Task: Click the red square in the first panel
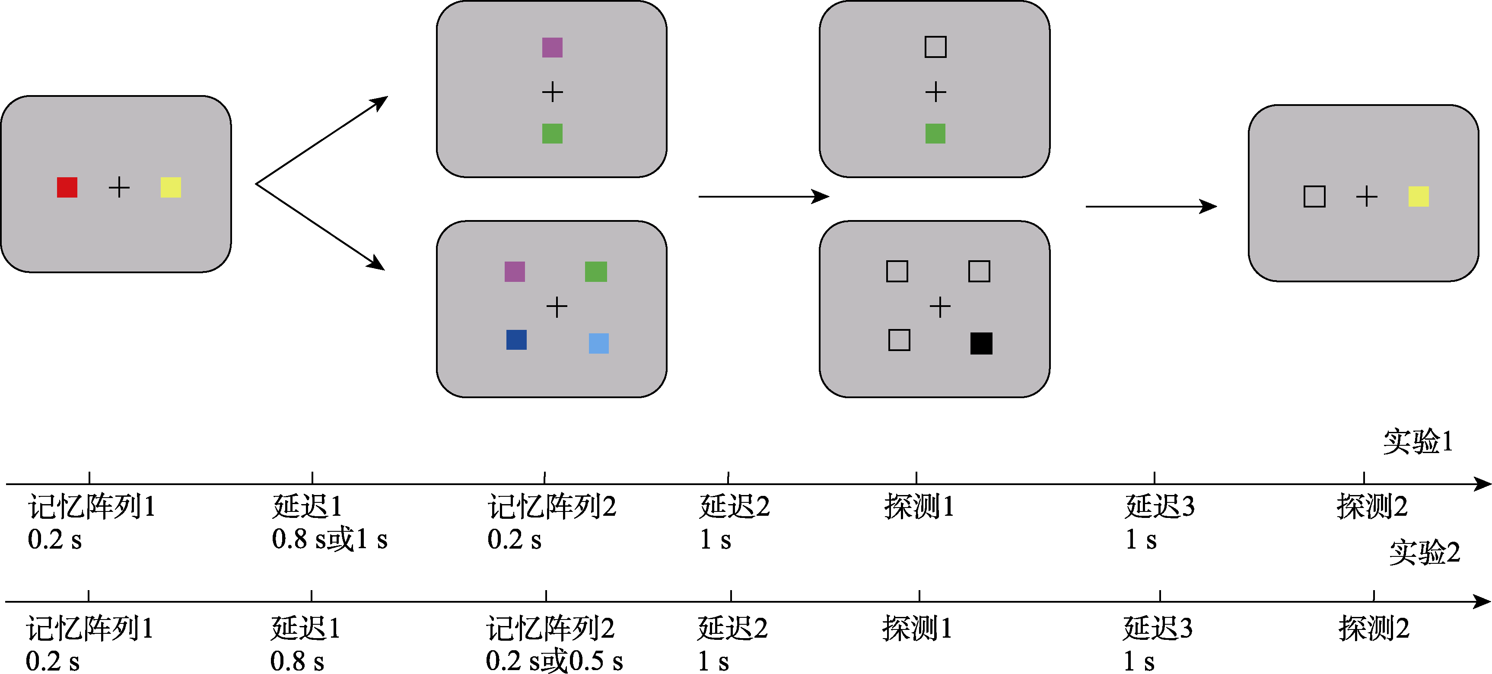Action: coord(67,187)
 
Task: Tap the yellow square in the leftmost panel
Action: coord(171,187)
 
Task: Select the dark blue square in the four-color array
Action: coord(516,340)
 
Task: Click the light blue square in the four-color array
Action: coord(598,343)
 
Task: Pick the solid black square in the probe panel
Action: coord(981,343)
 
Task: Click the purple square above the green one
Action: coord(552,48)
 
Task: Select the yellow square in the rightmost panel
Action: coord(1419,196)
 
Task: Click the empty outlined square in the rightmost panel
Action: coord(1314,196)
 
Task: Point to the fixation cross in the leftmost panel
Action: coord(119,187)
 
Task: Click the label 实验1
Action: coord(1417,441)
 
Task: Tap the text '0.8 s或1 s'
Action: coord(329,540)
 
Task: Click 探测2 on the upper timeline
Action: coord(1371,507)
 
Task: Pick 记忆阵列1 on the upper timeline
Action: coord(92,507)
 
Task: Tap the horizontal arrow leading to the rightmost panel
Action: coord(1150,206)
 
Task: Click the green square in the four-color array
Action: coord(595,271)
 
